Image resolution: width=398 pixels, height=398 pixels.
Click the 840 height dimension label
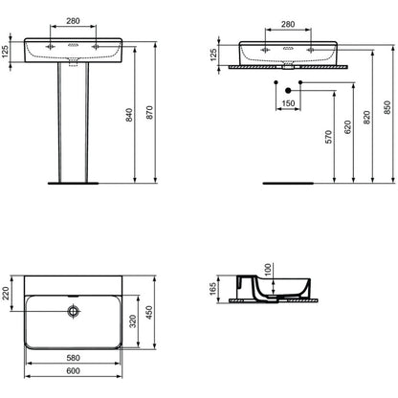(129, 115)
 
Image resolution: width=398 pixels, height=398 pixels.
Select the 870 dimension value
(149, 113)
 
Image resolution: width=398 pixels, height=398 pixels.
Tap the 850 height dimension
(387, 107)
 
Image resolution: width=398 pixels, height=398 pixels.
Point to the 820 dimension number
(366, 118)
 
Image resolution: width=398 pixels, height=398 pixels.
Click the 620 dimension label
(347, 127)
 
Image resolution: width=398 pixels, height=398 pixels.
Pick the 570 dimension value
(328, 137)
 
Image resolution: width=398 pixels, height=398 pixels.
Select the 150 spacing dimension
(288, 103)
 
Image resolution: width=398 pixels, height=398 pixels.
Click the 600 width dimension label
(73, 370)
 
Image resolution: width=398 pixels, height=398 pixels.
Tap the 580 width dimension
(73, 358)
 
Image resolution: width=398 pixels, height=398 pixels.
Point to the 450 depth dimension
(148, 312)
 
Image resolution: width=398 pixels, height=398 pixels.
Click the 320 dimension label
(133, 321)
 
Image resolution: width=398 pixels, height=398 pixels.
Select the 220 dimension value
(6, 293)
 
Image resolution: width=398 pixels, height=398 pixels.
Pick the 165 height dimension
(212, 289)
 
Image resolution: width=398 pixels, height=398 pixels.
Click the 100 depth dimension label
(267, 269)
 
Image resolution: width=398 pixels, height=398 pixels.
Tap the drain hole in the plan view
(74, 311)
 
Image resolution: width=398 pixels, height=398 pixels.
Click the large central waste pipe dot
(288, 91)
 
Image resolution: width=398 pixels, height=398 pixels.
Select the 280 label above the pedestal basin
(73, 21)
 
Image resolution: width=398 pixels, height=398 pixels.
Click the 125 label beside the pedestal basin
(6, 52)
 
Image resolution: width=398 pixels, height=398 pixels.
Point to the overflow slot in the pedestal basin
(73, 45)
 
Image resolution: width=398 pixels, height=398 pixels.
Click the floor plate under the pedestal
(74, 184)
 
